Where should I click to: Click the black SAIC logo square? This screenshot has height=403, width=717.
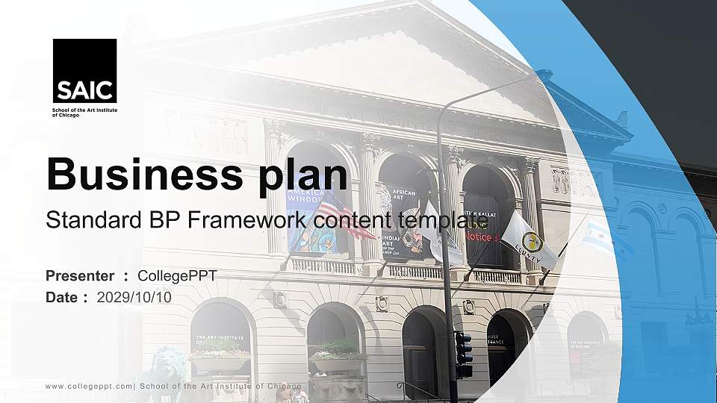(84, 71)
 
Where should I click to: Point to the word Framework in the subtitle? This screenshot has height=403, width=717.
(250, 220)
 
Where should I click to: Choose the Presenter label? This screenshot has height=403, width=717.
(80, 276)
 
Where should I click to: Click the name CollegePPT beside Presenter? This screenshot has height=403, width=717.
(177, 276)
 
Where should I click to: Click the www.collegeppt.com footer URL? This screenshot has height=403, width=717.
(89, 387)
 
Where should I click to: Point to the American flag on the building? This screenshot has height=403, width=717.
(348, 213)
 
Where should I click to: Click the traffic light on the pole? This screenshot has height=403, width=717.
(463, 354)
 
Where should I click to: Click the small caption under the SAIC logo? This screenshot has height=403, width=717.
(84, 113)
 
